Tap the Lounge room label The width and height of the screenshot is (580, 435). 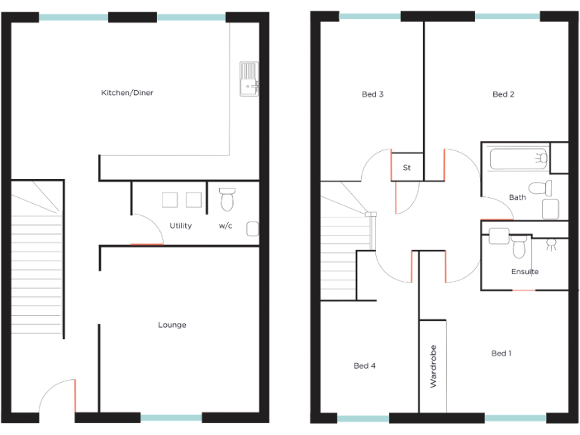[172, 325]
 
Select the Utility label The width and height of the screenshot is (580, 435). [180, 225]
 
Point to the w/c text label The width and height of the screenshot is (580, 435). [226, 225]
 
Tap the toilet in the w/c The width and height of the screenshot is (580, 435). [227, 199]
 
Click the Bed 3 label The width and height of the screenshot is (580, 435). [372, 94]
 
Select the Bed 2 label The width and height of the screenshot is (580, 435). [503, 94]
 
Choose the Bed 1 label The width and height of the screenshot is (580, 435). [501, 353]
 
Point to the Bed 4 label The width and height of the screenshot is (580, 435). [365, 366]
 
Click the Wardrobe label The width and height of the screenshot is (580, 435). [433, 367]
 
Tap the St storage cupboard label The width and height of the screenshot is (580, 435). [406, 167]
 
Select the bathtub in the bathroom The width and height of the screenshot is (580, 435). [518, 159]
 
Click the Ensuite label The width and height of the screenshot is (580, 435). [525, 271]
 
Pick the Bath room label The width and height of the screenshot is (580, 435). [517, 198]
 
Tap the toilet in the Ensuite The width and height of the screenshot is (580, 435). [519, 245]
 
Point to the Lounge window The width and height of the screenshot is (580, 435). [171, 418]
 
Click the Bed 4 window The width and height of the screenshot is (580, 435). [363, 418]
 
